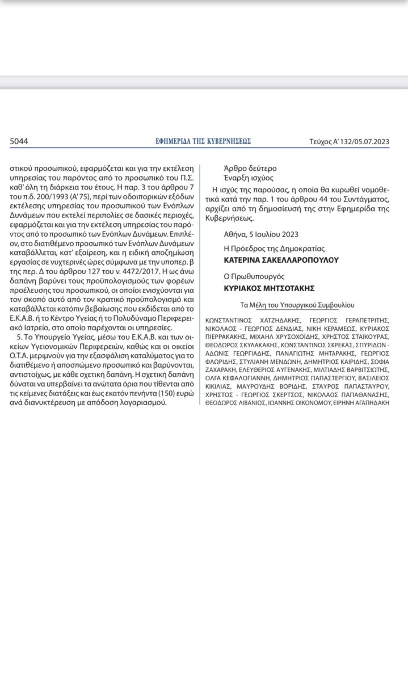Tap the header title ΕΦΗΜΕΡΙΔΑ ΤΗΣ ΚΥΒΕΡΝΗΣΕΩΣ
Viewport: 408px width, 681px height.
coord(203,141)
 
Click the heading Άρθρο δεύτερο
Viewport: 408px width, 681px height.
coord(251,169)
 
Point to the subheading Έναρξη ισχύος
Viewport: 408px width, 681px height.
coord(249,179)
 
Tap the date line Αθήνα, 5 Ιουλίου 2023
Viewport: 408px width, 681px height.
coord(261,234)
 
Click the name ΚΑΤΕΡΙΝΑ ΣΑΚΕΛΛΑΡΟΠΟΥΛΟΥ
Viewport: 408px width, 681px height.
coord(281,260)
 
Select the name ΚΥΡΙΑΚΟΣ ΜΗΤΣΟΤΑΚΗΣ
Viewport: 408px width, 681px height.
coord(270,288)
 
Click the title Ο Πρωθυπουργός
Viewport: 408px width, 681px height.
coord(253,277)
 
